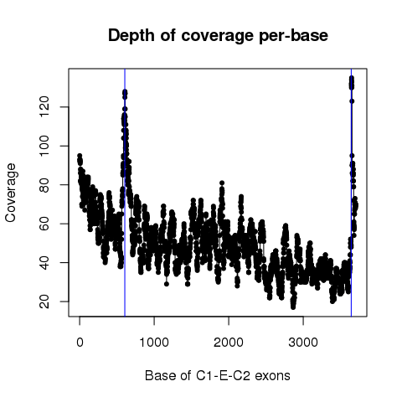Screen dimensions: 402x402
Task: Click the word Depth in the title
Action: point(131,36)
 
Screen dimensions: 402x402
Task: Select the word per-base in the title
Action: point(293,36)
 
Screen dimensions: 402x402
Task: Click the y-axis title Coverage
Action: point(10,193)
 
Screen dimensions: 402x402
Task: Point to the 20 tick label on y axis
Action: point(44,301)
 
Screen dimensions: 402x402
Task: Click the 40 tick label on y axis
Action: point(44,262)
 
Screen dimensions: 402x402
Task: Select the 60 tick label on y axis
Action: point(44,224)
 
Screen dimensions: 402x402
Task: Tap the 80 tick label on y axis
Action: point(44,185)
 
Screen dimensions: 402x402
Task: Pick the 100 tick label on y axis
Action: point(44,146)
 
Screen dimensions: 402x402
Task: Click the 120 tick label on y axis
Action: point(44,107)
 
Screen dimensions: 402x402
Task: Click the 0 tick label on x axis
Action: point(80,343)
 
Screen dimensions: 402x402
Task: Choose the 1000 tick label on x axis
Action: point(154,343)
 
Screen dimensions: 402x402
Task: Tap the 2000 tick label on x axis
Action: point(229,343)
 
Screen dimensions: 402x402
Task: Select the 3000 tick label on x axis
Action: point(303,343)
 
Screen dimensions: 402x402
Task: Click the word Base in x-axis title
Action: point(157,376)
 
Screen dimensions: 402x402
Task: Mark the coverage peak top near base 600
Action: point(125,91)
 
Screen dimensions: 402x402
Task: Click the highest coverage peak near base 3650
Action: point(352,78)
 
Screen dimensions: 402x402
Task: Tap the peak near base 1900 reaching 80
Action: point(222,183)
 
